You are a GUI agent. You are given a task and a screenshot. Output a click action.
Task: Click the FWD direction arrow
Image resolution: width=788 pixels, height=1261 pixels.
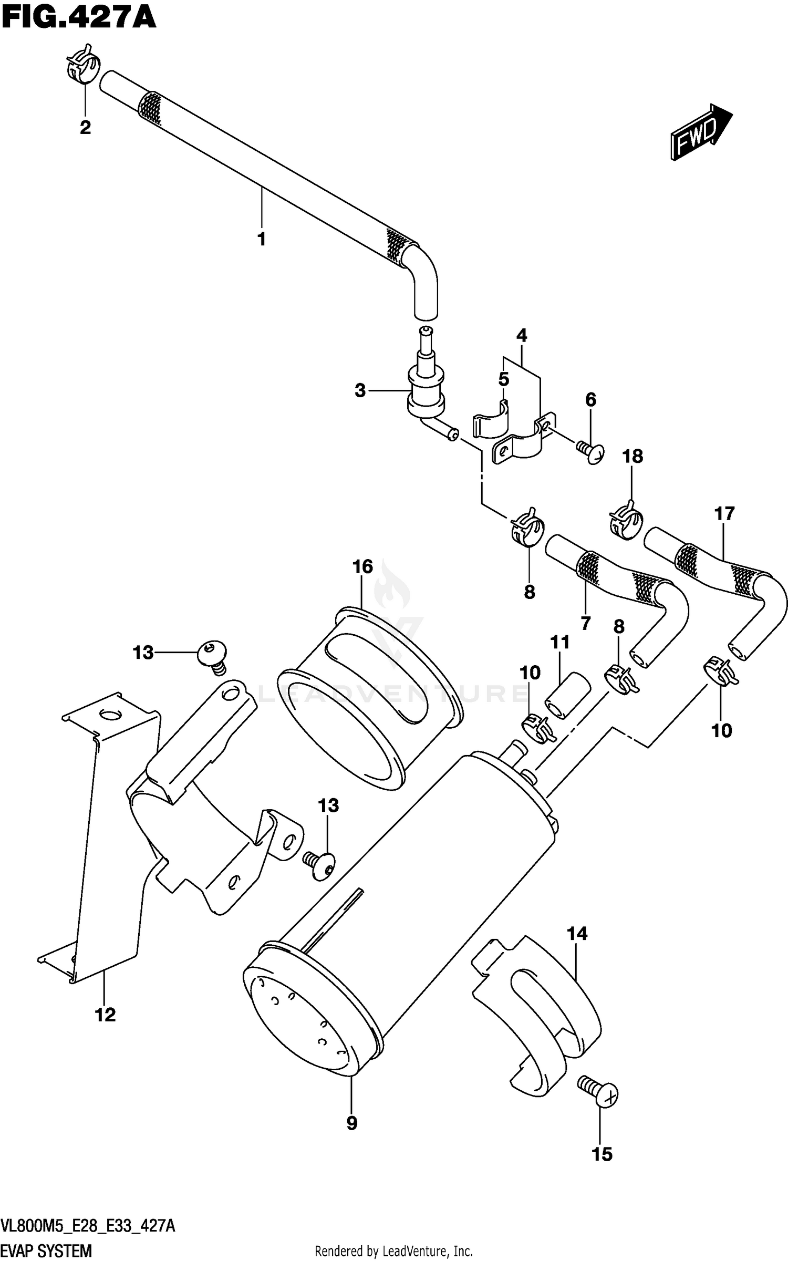[701, 131]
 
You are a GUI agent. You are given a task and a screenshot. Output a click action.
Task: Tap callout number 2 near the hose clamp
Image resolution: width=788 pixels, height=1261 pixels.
[85, 127]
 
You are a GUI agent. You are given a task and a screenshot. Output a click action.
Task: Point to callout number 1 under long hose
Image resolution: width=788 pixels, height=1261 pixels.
[261, 239]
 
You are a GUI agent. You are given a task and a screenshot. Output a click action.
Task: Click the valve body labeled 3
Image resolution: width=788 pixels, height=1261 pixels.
[425, 391]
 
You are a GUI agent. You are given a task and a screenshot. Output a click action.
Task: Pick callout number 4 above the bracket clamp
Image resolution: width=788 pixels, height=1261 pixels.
[521, 335]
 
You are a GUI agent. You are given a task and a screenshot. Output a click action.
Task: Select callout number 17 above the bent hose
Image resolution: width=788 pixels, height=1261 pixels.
[724, 513]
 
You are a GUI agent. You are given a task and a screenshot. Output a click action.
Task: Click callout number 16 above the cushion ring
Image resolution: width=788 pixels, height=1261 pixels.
[362, 566]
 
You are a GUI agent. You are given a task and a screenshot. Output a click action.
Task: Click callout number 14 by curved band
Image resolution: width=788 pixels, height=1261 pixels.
[577, 934]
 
